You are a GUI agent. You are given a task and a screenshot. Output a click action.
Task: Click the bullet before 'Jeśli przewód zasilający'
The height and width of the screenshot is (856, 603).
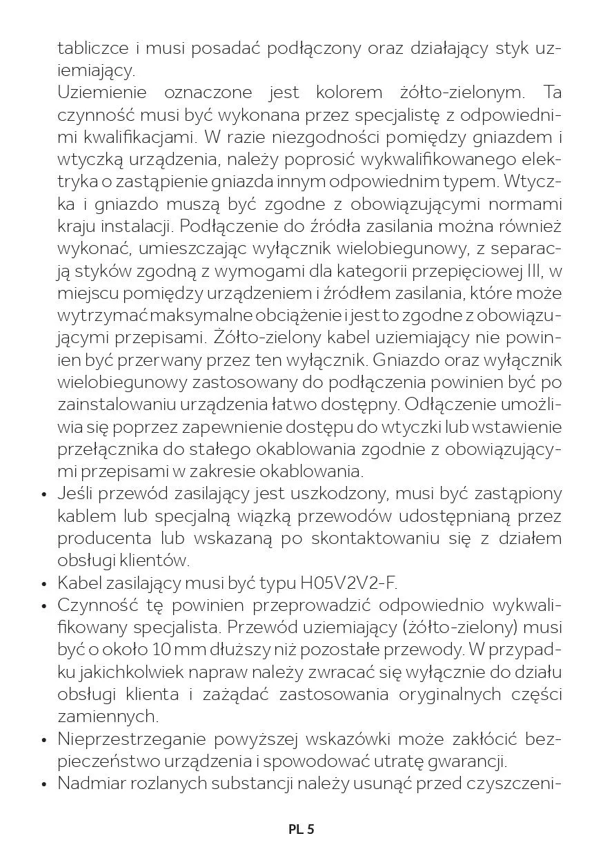pyautogui.click(x=43, y=494)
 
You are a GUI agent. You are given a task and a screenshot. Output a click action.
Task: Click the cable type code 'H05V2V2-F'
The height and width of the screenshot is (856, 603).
pyautogui.click(x=349, y=583)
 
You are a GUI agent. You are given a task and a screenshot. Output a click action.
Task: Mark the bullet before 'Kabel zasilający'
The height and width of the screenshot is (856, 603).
pyautogui.click(x=43, y=584)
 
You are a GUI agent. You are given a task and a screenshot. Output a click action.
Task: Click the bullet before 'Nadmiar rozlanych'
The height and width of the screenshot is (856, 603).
pyautogui.click(x=43, y=784)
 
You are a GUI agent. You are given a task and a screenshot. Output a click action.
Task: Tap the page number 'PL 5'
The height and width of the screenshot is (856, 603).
pyautogui.click(x=301, y=829)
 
